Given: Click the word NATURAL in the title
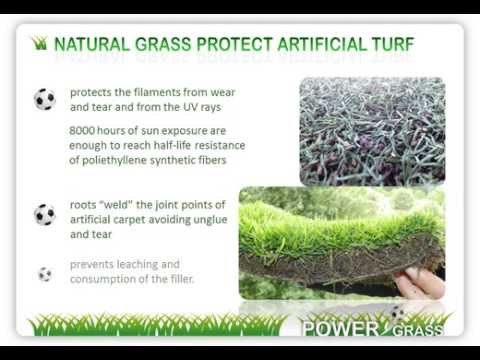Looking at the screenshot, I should coord(89,44).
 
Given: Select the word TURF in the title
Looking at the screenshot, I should coord(392,44).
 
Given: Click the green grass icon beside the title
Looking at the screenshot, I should coord(40,44).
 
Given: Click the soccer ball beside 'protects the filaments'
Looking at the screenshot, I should coord(45,99).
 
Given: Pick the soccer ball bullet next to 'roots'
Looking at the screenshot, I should coord(45,214).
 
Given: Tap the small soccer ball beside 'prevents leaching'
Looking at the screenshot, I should coord(45,273).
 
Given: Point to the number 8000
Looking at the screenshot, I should coord(85,130).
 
